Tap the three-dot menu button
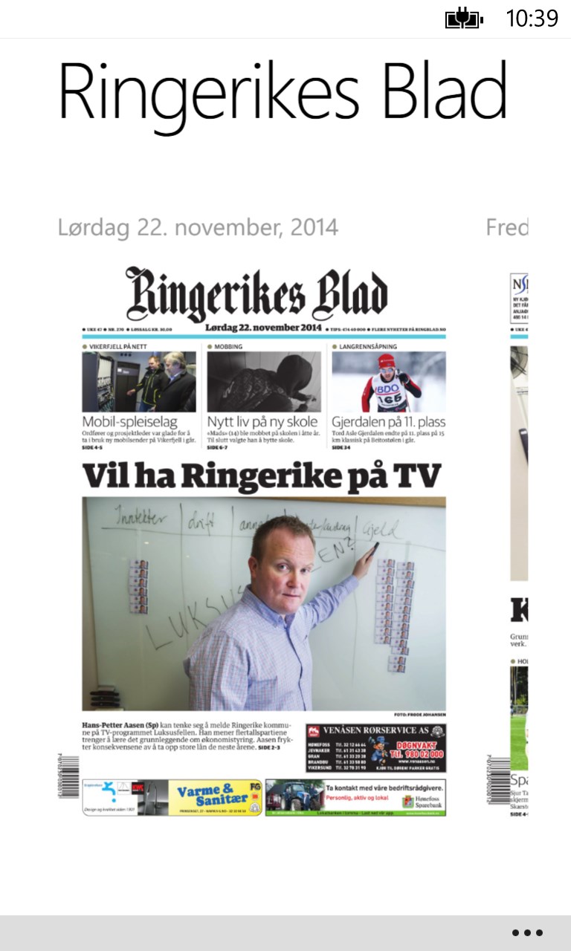pyautogui.click(x=527, y=932)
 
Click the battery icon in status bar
pyautogui.click(x=464, y=19)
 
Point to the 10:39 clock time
pyautogui.click(x=532, y=19)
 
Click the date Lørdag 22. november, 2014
pyautogui.click(x=198, y=227)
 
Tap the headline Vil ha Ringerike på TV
pyautogui.click(x=262, y=476)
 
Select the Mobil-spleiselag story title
pyautogui.click(x=129, y=423)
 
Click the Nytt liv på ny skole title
pyautogui.click(x=262, y=423)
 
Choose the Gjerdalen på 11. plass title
pyautogui.click(x=388, y=423)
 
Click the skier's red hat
pyautogui.click(x=387, y=361)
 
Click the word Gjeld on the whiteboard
pyautogui.click(x=381, y=530)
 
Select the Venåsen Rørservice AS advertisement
pyautogui.click(x=375, y=748)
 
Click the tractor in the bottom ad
pyautogui.click(x=290, y=796)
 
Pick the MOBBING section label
pyautogui.click(x=228, y=346)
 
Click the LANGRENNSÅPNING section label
pyautogui.click(x=367, y=346)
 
